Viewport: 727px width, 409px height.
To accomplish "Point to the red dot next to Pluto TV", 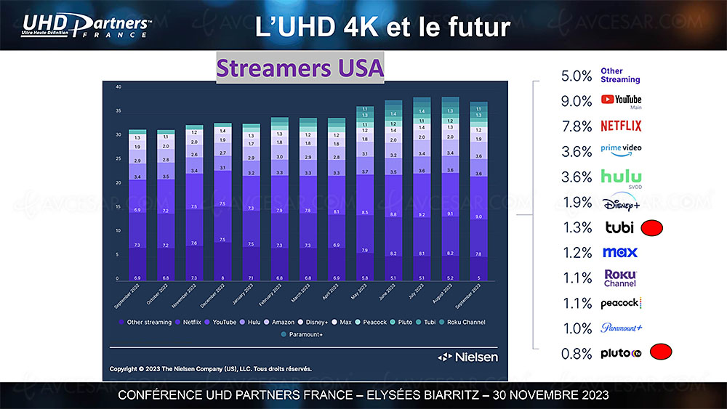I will point(660,353).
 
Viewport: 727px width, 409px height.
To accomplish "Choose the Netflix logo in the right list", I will point(621,126).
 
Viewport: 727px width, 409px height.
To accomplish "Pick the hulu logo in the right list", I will point(621,177).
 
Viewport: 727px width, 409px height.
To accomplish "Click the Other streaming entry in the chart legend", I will point(148,322).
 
